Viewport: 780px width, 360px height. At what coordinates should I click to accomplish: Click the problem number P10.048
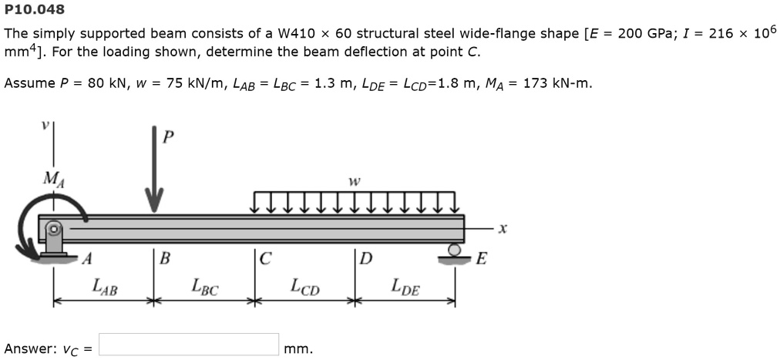coord(35,10)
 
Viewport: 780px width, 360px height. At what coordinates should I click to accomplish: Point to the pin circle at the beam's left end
coord(53,229)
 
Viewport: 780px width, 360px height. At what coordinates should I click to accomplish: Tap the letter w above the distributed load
coord(354,182)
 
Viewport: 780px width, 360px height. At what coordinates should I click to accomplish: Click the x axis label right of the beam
coord(503,228)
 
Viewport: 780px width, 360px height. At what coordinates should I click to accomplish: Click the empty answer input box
coord(189,345)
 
